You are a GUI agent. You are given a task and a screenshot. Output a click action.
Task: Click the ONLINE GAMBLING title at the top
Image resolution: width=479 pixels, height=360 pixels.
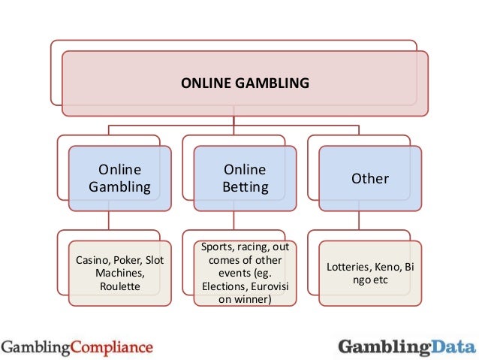245,83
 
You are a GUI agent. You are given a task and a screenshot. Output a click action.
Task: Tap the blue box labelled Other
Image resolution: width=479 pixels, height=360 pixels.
370,178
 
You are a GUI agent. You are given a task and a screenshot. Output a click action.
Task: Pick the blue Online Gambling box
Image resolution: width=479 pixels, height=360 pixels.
120,178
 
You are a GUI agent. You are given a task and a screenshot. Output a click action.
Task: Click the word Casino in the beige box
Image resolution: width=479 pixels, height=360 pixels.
92,260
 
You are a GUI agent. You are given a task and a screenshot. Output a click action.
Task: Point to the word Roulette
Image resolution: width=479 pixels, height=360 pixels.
120,286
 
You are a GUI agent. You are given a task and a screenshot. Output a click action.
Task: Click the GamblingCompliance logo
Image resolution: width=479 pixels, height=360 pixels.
77,346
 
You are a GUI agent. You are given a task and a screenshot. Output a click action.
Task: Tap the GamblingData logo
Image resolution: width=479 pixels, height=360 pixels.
406,346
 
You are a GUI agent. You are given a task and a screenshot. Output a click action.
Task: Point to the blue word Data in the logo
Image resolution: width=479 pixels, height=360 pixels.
453,346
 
